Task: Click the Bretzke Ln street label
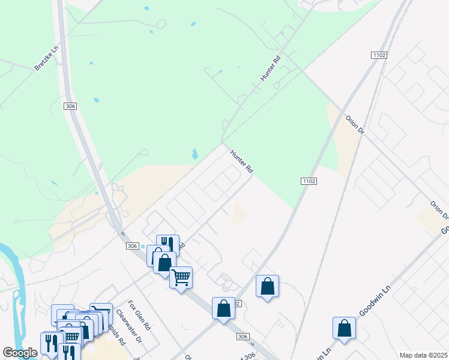coord(45,57)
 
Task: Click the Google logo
coord(20,353)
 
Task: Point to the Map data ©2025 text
coord(423,355)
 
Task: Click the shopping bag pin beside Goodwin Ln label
coord(345,328)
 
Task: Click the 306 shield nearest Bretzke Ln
coord(71,106)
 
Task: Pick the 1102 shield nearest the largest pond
coord(307,180)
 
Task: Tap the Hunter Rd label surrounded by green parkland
coord(271,68)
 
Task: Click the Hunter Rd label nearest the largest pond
coord(241,162)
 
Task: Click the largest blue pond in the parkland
coord(194,154)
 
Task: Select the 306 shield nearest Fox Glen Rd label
coord(133,246)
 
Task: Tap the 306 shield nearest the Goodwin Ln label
coord(243,337)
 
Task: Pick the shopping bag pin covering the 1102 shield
coord(223,309)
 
